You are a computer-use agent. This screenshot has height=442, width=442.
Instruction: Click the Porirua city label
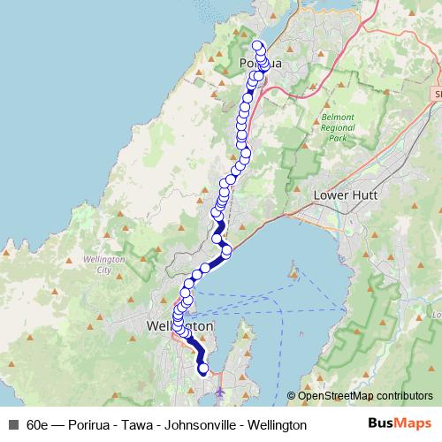pyautogui.click(x=260, y=63)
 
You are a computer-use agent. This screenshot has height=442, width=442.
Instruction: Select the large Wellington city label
pyautogui.click(x=180, y=325)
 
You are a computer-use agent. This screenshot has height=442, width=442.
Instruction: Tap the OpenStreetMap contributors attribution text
pyautogui.click(x=365, y=395)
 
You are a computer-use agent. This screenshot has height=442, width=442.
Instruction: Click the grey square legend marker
pyautogui.click(x=11, y=424)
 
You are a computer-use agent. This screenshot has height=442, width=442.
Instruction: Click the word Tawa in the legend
pyautogui.click(x=139, y=424)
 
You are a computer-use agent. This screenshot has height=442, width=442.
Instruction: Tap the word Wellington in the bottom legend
pyautogui.click(x=275, y=424)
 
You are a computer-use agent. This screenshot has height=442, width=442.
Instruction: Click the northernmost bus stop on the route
pyautogui.click(x=257, y=45)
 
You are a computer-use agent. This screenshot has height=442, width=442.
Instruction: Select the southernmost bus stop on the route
pyautogui.click(x=204, y=370)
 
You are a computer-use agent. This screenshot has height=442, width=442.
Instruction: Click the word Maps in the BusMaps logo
pyautogui.click(x=412, y=423)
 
